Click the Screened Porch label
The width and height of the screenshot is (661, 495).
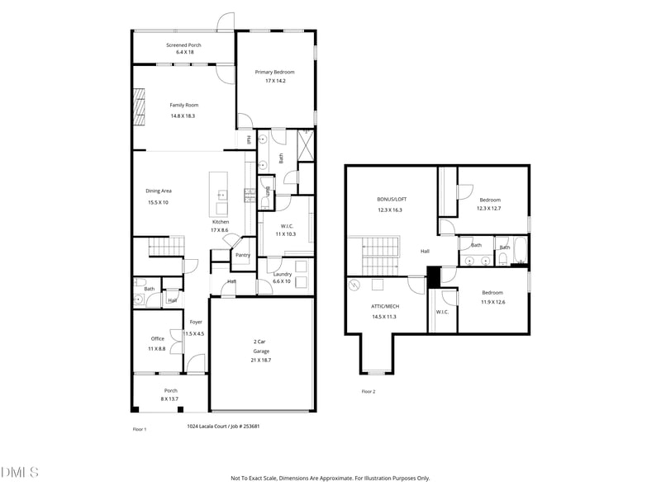(183, 45)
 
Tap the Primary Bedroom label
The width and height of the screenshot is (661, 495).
(275, 72)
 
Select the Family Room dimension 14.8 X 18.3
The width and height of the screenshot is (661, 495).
(183, 116)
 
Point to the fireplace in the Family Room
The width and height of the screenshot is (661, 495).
(140, 104)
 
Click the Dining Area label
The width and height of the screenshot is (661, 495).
(159, 191)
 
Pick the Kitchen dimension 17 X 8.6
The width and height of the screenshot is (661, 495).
(221, 230)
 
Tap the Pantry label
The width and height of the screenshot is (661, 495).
(243, 255)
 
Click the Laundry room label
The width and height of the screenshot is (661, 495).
(277, 274)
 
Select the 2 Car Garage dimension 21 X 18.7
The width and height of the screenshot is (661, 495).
(260, 361)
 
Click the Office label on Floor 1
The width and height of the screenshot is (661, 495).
(157, 338)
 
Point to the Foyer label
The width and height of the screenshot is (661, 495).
(196, 322)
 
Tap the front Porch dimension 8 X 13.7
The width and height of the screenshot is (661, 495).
(170, 398)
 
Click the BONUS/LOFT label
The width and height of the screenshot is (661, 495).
(392, 200)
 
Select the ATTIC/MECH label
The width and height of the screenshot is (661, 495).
(384, 306)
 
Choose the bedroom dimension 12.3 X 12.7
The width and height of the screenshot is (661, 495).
(489, 208)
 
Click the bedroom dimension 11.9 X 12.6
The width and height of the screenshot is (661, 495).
(493, 302)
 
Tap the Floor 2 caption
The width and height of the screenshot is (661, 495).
(368, 391)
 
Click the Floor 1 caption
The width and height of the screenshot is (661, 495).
(140, 429)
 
